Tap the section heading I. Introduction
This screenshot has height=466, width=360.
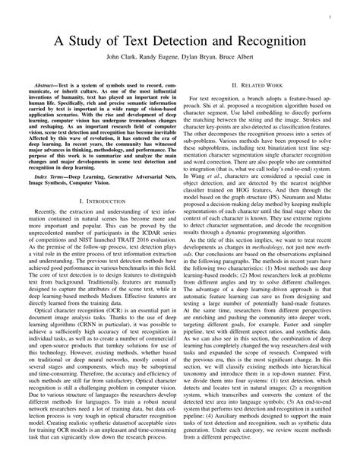point(102,199)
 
